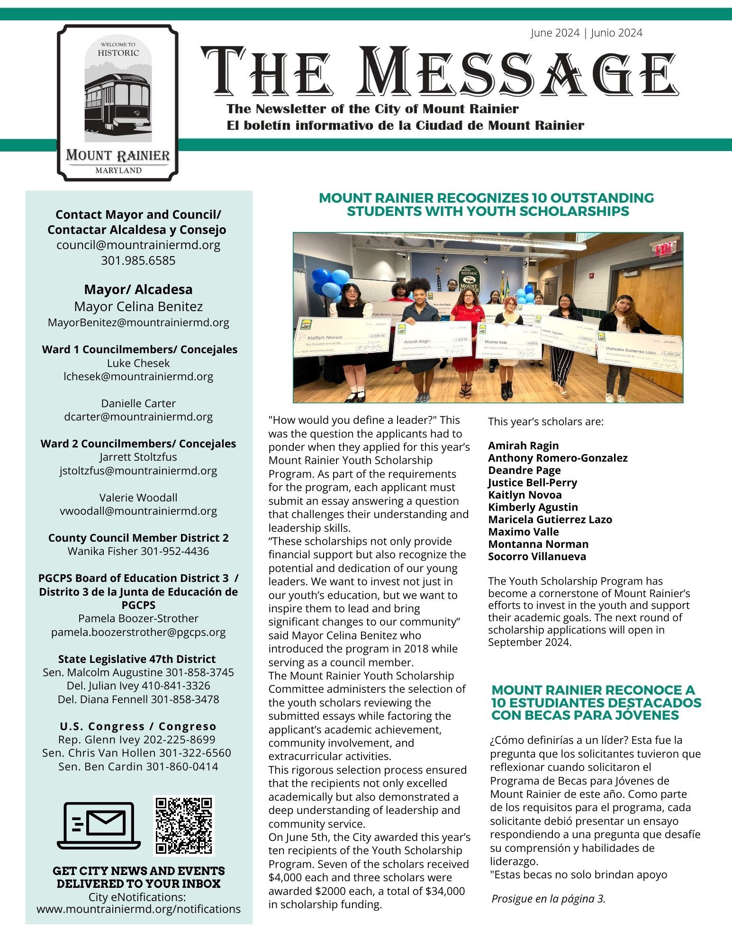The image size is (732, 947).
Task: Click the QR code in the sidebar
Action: click(x=184, y=825)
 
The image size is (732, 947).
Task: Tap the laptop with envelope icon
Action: click(x=99, y=825)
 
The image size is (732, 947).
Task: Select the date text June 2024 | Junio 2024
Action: click(x=586, y=33)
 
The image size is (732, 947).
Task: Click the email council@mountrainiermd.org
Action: click(x=138, y=245)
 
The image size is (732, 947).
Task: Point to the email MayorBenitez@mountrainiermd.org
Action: click(x=138, y=322)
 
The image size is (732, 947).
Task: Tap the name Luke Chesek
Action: click(x=138, y=363)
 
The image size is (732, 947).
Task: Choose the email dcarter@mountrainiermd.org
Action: click(x=138, y=417)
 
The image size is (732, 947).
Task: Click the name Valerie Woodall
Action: click(x=138, y=498)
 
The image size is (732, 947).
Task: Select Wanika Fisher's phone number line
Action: click(x=138, y=551)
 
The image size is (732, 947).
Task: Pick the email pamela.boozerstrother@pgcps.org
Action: click(x=138, y=632)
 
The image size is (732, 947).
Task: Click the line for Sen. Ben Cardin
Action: click(x=138, y=766)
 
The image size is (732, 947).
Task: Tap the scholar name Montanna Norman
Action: click(x=538, y=544)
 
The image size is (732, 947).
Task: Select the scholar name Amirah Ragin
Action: click(x=523, y=446)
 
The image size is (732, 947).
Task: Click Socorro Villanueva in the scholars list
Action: click(x=537, y=556)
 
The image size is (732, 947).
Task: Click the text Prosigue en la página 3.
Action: click(x=549, y=899)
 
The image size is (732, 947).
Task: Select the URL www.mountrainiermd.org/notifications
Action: click(x=138, y=909)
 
